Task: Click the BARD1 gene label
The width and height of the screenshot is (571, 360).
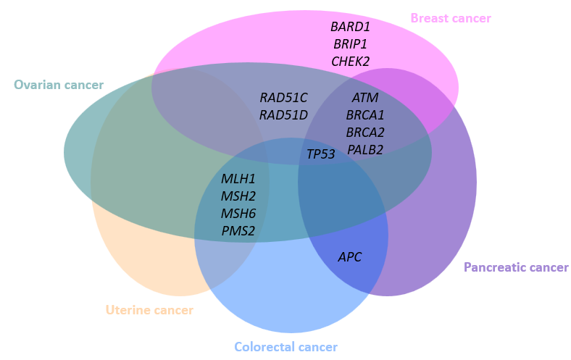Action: [350, 27]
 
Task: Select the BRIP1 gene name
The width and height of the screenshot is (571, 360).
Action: [350, 44]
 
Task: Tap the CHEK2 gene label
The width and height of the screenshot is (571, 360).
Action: [350, 62]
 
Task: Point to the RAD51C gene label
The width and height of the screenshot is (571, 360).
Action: [283, 97]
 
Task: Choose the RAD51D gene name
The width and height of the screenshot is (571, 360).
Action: [283, 114]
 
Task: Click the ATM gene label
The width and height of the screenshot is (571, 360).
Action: [365, 97]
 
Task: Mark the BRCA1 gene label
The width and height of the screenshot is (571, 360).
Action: [365, 114]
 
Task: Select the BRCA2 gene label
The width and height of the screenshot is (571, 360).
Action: [365, 132]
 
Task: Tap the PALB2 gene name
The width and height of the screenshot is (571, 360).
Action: [365, 150]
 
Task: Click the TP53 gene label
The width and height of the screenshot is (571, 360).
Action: [320, 154]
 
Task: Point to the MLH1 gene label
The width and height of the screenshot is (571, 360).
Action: [238, 179]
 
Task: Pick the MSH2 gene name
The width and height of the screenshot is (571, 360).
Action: [238, 196]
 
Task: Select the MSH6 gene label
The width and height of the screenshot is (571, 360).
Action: [238, 214]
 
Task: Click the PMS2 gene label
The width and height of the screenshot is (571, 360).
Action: [238, 232]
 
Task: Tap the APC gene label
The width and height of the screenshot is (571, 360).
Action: [349, 257]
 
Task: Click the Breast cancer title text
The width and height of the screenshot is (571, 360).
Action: [451, 18]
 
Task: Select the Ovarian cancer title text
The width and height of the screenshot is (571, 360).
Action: [59, 85]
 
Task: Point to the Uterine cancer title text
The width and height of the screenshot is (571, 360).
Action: [149, 310]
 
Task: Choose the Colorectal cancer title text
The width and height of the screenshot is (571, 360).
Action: [285, 347]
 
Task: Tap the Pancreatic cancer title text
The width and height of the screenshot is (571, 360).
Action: [516, 267]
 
